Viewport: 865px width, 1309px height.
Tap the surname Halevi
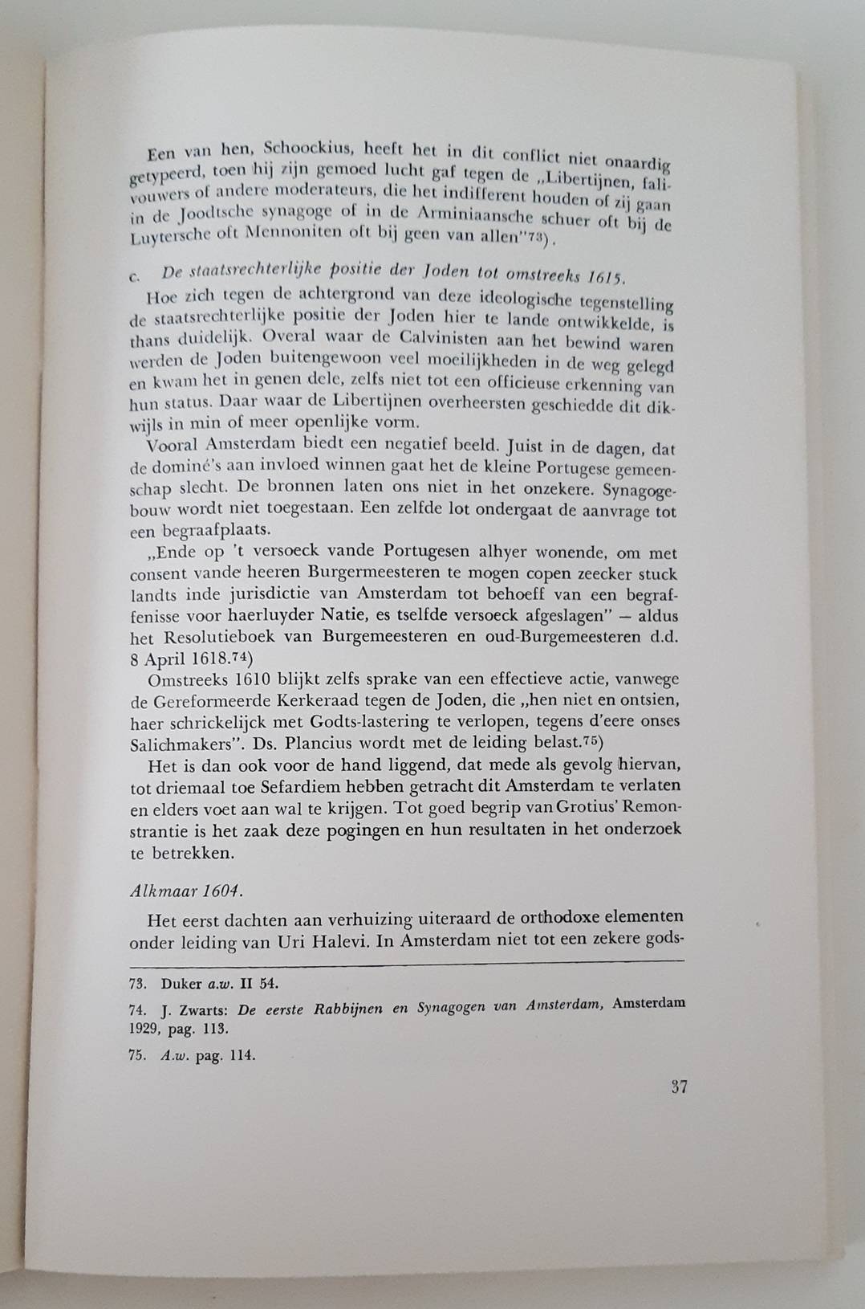point(331,941)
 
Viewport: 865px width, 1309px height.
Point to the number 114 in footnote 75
point(241,1056)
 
